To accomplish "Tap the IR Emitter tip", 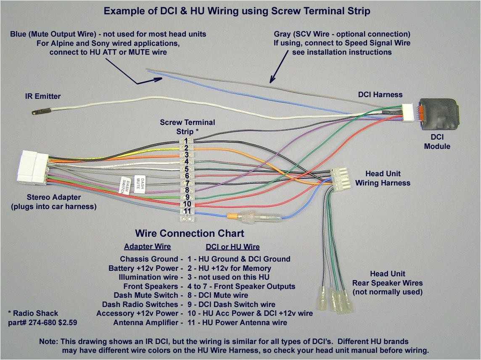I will tap(36, 112).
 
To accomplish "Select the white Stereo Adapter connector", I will tap(33, 167).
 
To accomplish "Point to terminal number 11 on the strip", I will tap(187, 211).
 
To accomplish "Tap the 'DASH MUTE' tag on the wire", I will tap(140, 184).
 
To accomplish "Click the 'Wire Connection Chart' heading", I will tap(189, 233).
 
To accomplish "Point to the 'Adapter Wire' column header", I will tap(147, 247).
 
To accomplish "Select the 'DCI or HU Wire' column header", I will tap(233, 247).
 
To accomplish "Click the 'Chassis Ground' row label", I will tap(149, 259).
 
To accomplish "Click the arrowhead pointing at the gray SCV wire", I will tap(272, 79).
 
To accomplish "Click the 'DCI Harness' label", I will tap(380, 95).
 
